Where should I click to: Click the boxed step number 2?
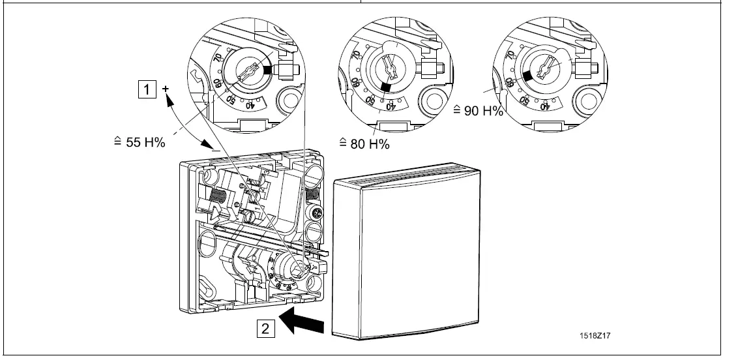pos(265,328)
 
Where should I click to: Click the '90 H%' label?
pos(478,111)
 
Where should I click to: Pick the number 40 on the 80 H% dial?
pos(389,106)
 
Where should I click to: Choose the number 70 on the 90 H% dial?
pos(509,57)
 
